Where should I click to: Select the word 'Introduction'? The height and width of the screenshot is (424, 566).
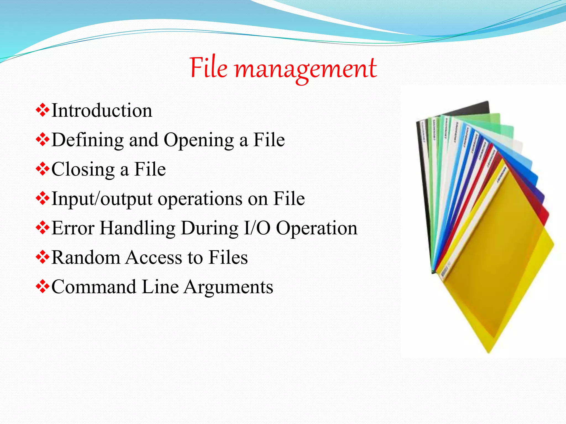pos(102,110)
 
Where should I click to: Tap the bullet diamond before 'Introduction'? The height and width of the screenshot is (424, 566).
pos(43,110)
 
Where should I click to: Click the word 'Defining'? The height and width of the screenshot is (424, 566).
pos(88,140)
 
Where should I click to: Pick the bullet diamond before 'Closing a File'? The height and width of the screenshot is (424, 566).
pos(43,169)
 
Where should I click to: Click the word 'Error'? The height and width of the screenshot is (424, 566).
pos(73,228)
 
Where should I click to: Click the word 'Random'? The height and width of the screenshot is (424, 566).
pos(85,258)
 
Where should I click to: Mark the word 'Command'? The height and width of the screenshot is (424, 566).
pos(94,287)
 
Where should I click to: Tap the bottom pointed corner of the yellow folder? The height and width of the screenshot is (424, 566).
pos(489,352)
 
